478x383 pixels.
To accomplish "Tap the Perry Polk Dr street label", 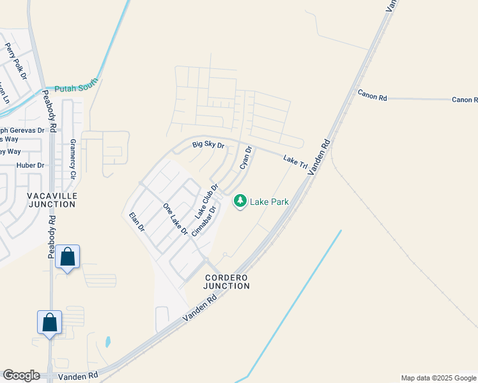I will point(16,61).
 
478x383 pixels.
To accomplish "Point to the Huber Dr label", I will point(31,165).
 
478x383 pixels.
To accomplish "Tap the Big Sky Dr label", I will point(208,146).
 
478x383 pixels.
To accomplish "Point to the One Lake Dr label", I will point(174,220).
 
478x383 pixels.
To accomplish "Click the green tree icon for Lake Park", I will point(240,202).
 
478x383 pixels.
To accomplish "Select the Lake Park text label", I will point(269,202).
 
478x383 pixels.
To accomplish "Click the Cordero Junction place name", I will point(227,282).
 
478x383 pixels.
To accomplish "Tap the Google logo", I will point(21,375).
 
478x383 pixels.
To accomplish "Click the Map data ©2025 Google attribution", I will point(438,378).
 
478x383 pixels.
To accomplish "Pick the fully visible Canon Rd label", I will point(373,95).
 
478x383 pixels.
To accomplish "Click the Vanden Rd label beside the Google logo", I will point(78,377).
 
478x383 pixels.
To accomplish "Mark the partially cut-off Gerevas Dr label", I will point(22,130).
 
